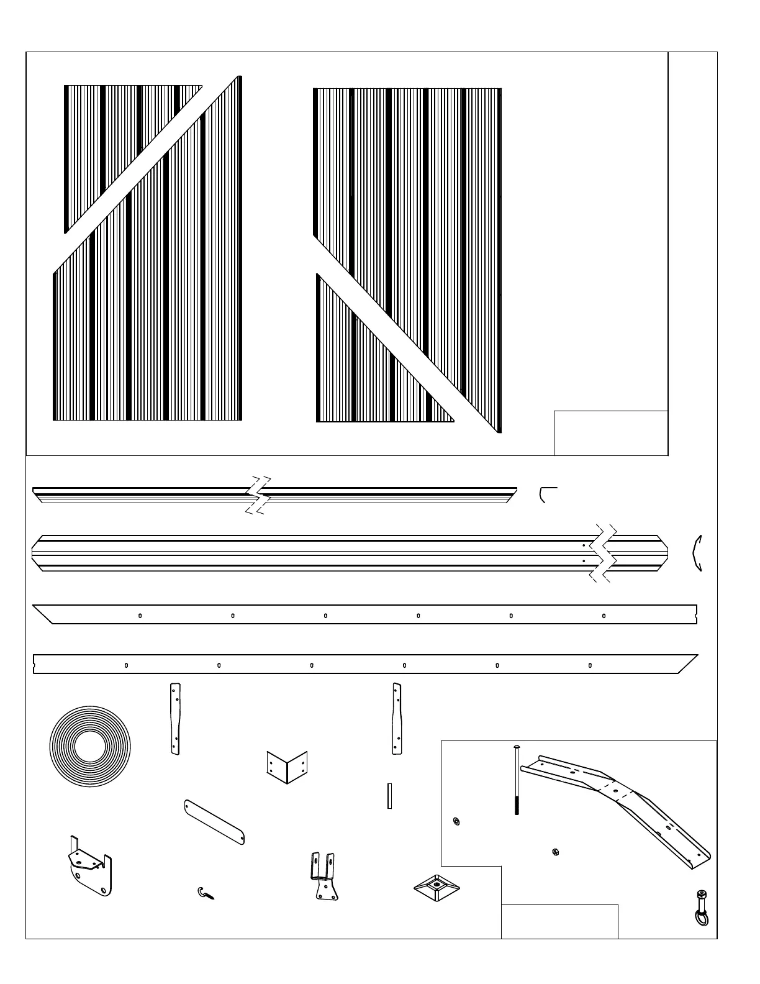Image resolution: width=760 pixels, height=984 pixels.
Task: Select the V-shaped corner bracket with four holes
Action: [x=287, y=767]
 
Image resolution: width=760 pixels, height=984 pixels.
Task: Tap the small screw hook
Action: [x=205, y=893]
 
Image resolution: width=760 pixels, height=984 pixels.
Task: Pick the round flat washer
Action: [x=456, y=822]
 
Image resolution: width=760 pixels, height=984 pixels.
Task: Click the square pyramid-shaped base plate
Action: [x=437, y=888]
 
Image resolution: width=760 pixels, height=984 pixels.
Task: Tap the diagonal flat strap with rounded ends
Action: [x=215, y=822]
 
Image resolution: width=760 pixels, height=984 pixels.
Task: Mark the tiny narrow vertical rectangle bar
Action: [x=389, y=795]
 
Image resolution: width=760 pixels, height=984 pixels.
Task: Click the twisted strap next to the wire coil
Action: [x=175, y=719]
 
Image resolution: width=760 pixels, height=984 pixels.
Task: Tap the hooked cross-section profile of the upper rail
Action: [x=546, y=494]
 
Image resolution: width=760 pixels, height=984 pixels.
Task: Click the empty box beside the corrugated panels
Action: [x=610, y=432]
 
